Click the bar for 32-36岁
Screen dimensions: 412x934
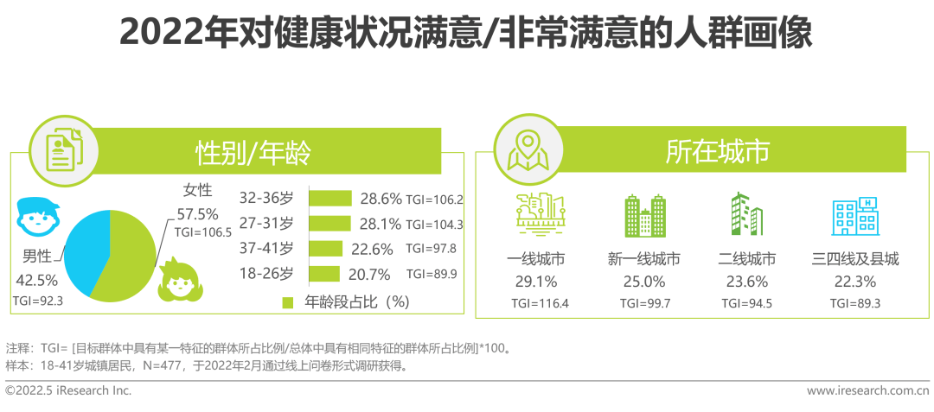(330, 199)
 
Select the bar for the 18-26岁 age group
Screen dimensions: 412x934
(323, 274)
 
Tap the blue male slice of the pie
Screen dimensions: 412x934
(84, 242)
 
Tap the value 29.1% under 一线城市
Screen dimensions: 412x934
(535, 281)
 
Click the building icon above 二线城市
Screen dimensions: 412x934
(746, 215)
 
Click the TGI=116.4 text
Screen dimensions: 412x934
(535, 303)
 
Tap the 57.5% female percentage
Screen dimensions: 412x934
(196, 213)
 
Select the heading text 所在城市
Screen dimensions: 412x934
(717, 153)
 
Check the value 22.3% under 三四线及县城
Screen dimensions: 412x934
(854, 281)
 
